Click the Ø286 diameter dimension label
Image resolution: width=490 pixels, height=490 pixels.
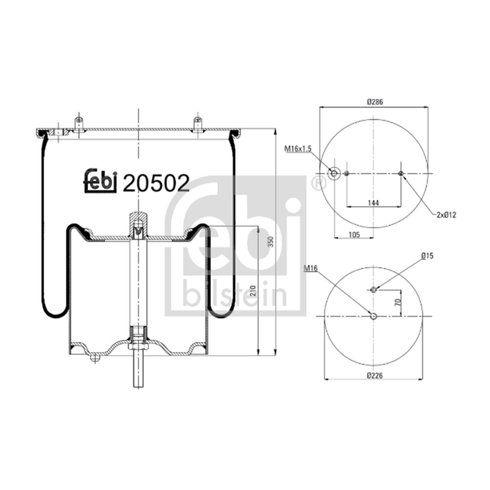point(374,102)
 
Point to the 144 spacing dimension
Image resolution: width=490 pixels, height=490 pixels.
point(374,202)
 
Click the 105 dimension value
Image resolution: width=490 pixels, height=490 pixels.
point(354,235)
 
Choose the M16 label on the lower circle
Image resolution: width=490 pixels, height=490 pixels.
point(310,268)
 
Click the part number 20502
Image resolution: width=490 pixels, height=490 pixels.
point(156,183)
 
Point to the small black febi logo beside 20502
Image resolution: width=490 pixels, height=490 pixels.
point(100,182)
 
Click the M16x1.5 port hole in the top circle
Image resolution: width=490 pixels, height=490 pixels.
point(335,173)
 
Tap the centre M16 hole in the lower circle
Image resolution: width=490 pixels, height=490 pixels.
point(374,316)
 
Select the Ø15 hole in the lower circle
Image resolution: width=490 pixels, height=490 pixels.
point(374,289)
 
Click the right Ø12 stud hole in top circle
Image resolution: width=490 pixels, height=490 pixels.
point(401,173)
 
